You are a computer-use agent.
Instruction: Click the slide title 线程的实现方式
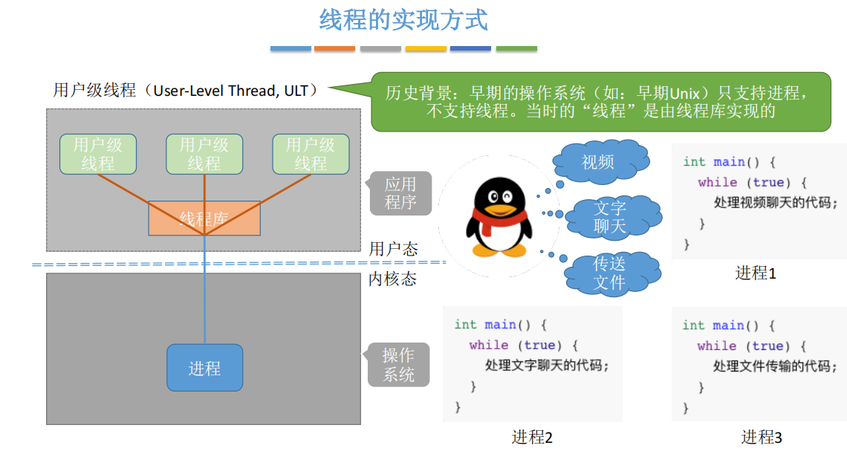(x=403, y=20)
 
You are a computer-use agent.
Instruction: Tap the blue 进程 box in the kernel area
(x=204, y=368)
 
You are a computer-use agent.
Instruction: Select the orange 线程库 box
(x=204, y=218)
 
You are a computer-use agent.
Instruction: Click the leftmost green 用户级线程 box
(x=98, y=154)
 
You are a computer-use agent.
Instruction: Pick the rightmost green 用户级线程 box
(x=311, y=154)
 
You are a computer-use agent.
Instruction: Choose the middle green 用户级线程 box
(x=204, y=154)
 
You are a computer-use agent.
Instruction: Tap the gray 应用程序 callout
(x=400, y=192)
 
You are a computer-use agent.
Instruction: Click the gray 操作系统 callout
(x=399, y=365)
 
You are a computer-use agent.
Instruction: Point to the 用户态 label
(x=393, y=248)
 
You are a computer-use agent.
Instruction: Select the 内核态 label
(x=393, y=279)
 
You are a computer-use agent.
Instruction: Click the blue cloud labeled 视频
(x=598, y=161)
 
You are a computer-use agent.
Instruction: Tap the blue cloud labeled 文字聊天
(x=611, y=217)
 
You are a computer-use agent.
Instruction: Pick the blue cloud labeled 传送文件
(x=609, y=273)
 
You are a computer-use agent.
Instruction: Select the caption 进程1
(x=756, y=273)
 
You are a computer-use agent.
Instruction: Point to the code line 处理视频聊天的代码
(x=770, y=202)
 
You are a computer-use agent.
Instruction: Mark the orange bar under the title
(x=334, y=48)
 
